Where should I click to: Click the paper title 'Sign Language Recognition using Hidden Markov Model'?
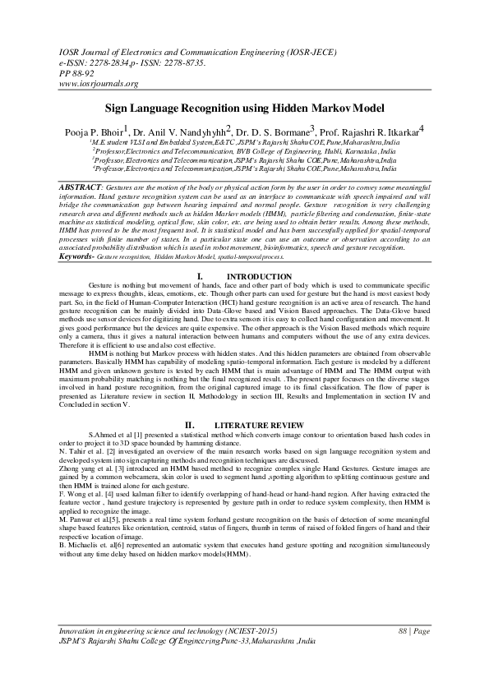pyautogui.click(x=244, y=108)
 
